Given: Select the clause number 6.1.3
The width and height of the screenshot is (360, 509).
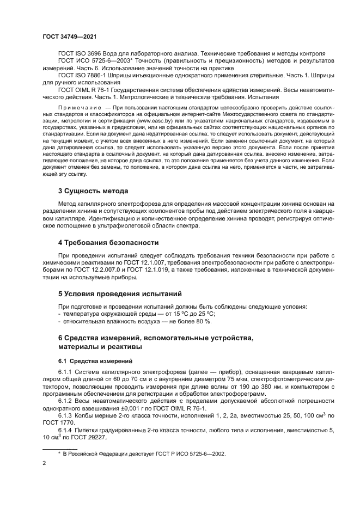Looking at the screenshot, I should (68, 414).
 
